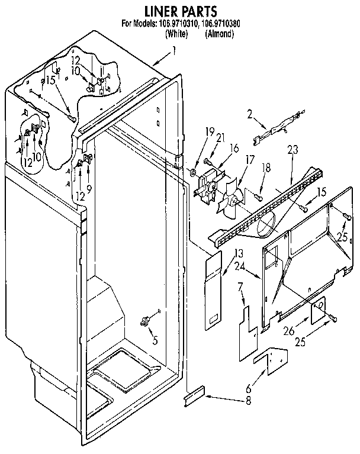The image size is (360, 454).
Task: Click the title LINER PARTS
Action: click(181, 11)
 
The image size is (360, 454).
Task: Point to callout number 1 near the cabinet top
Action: click(174, 51)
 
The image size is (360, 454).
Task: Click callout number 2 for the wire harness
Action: click(250, 114)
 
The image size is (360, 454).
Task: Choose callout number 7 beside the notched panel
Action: click(240, 288)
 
